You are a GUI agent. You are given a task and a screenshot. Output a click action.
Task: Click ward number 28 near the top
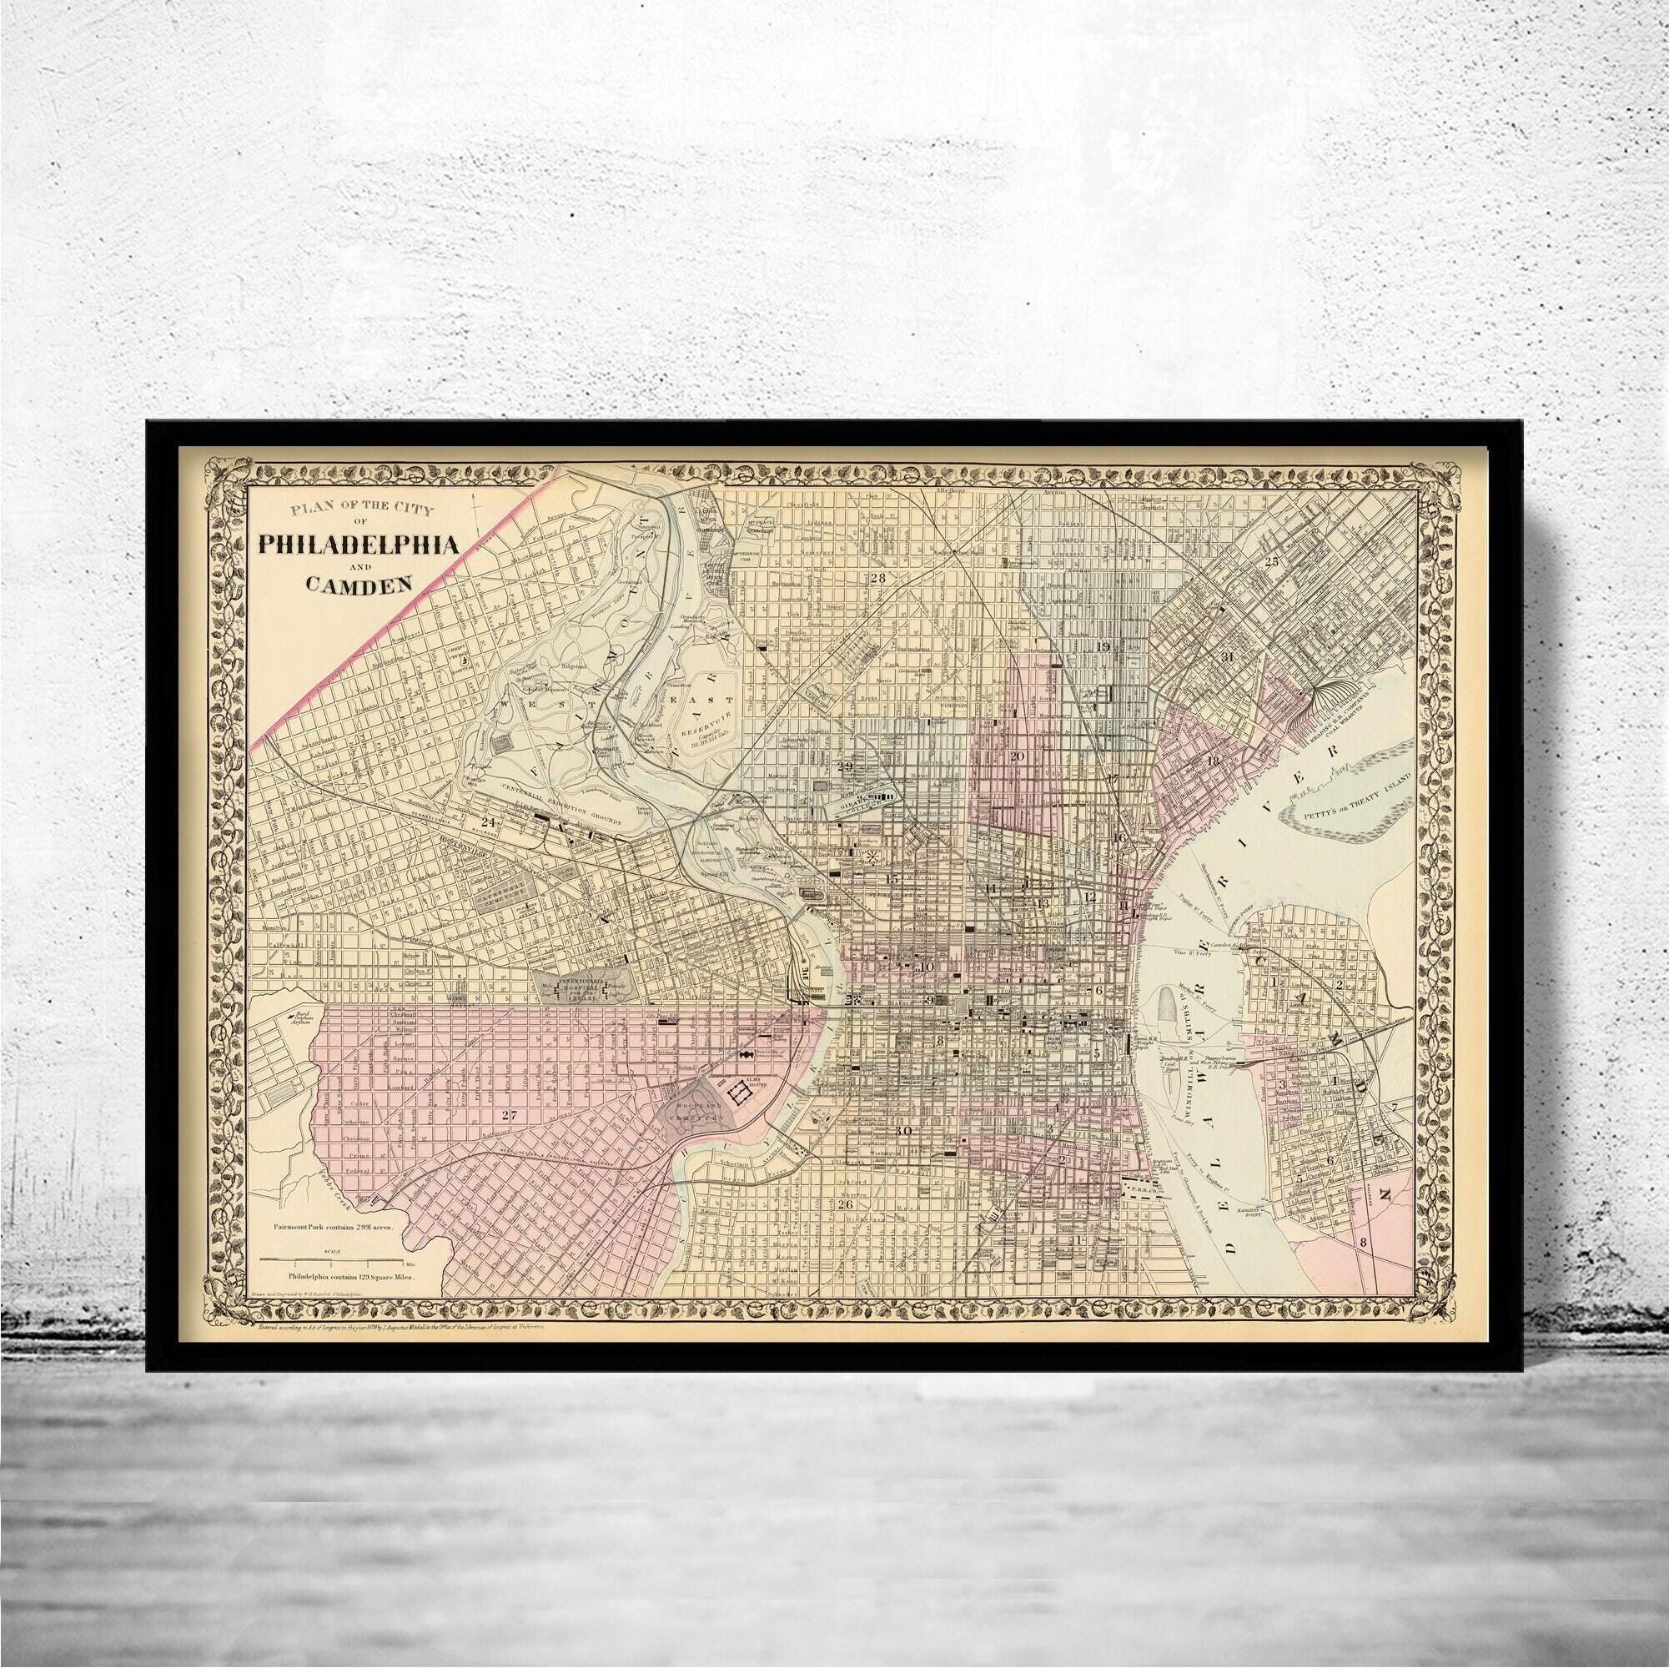(x=878, y=578)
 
